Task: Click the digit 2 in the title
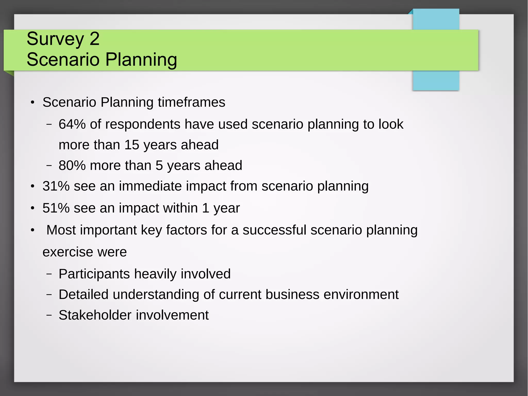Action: point(94,39)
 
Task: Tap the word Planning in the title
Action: point(141,60)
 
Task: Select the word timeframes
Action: point(192,102)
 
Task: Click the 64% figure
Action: point(72,124)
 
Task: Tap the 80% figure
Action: point(72,165)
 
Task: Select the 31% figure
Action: point(56,186)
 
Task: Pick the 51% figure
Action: point(56,208)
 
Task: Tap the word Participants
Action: point(94,274)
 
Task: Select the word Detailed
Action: point(84,294)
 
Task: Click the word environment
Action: point(361,294)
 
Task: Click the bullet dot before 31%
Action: point(32,186)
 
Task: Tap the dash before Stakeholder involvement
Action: point(49,315)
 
